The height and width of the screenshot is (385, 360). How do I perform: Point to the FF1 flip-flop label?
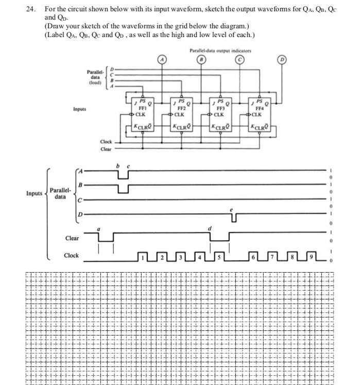tap(143, 109)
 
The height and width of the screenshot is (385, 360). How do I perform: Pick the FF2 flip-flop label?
tap(182, 109)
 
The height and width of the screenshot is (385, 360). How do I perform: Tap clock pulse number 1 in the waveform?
tap(145, 256)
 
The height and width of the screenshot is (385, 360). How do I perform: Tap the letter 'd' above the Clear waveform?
tap(210, 229)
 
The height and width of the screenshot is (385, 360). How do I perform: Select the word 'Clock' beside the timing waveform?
tap(71, 256)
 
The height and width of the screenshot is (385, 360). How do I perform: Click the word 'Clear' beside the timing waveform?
tap(72, 238)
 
